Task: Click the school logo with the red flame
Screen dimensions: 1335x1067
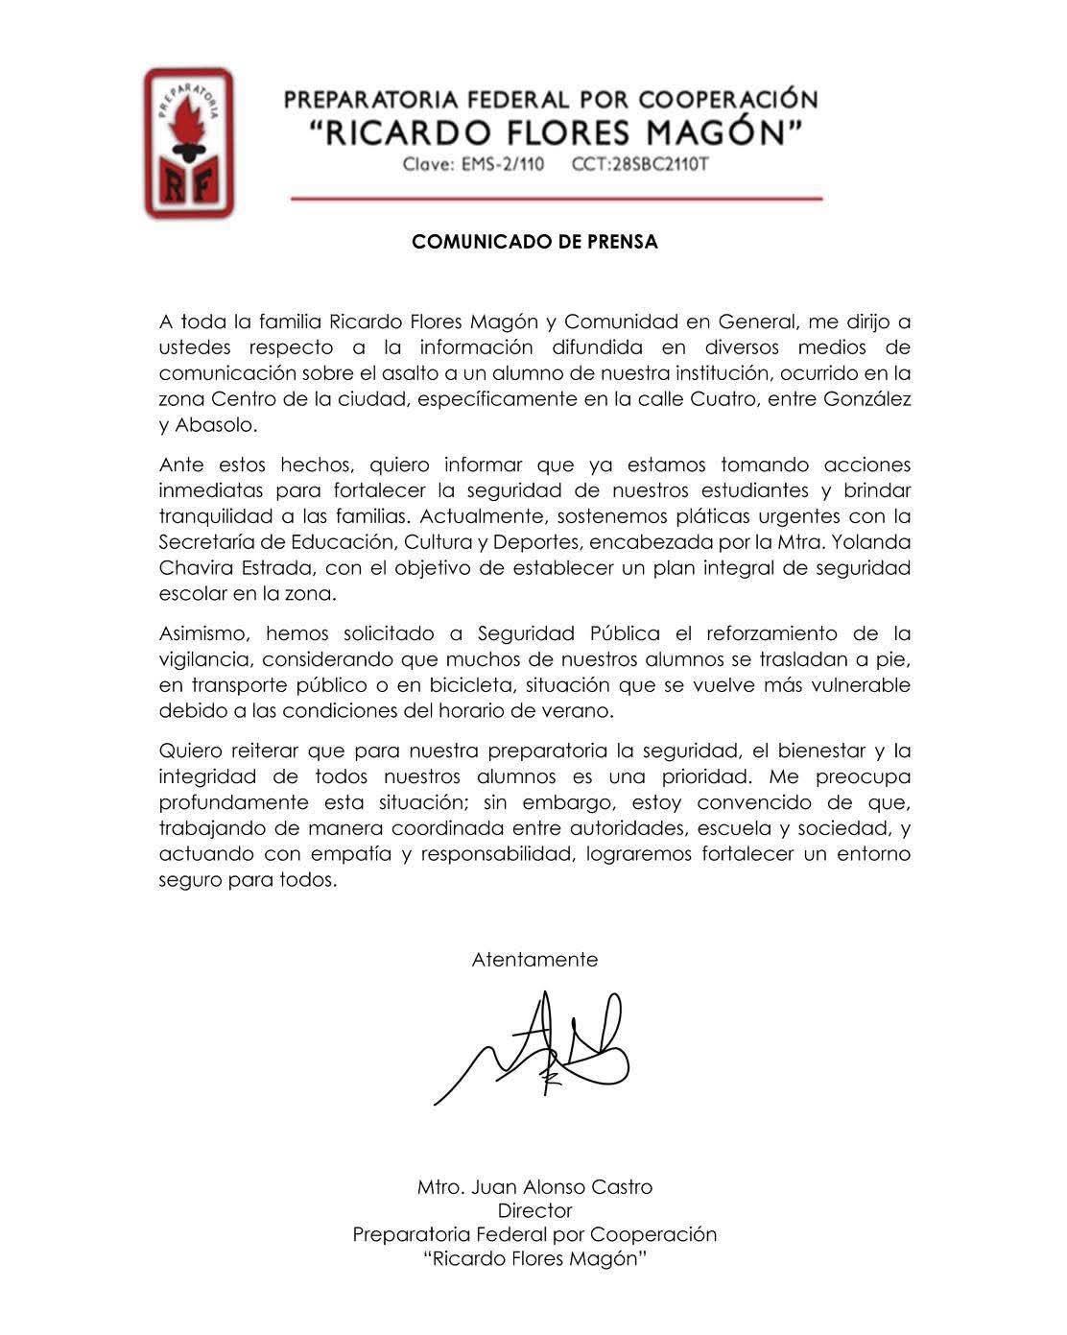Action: click(188, 142)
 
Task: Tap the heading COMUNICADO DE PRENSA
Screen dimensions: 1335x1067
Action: click(534, 243)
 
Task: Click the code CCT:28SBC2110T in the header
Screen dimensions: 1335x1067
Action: click(640, 164)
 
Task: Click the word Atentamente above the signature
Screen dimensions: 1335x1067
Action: click(534, 960)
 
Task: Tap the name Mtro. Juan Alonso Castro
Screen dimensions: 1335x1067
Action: click(534, 1187)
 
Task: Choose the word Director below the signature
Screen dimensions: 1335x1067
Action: click(534, 1211)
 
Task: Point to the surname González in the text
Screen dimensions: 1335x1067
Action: click(866, 399)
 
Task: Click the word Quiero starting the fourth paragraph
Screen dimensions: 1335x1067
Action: click(191, 751)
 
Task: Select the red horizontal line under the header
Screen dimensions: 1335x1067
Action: click(557, 199)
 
